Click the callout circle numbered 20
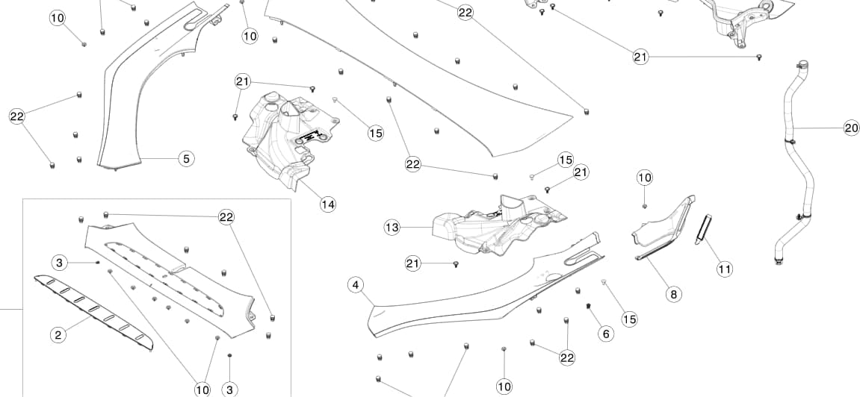851,128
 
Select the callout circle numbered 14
327,204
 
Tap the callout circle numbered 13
392,227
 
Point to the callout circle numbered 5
186,158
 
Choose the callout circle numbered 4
356,284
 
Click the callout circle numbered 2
58,334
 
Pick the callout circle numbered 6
606,334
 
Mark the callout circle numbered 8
673,294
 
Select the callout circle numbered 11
724,269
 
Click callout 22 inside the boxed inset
227,216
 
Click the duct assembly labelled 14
288,138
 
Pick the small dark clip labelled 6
589,307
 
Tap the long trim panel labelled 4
463,298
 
